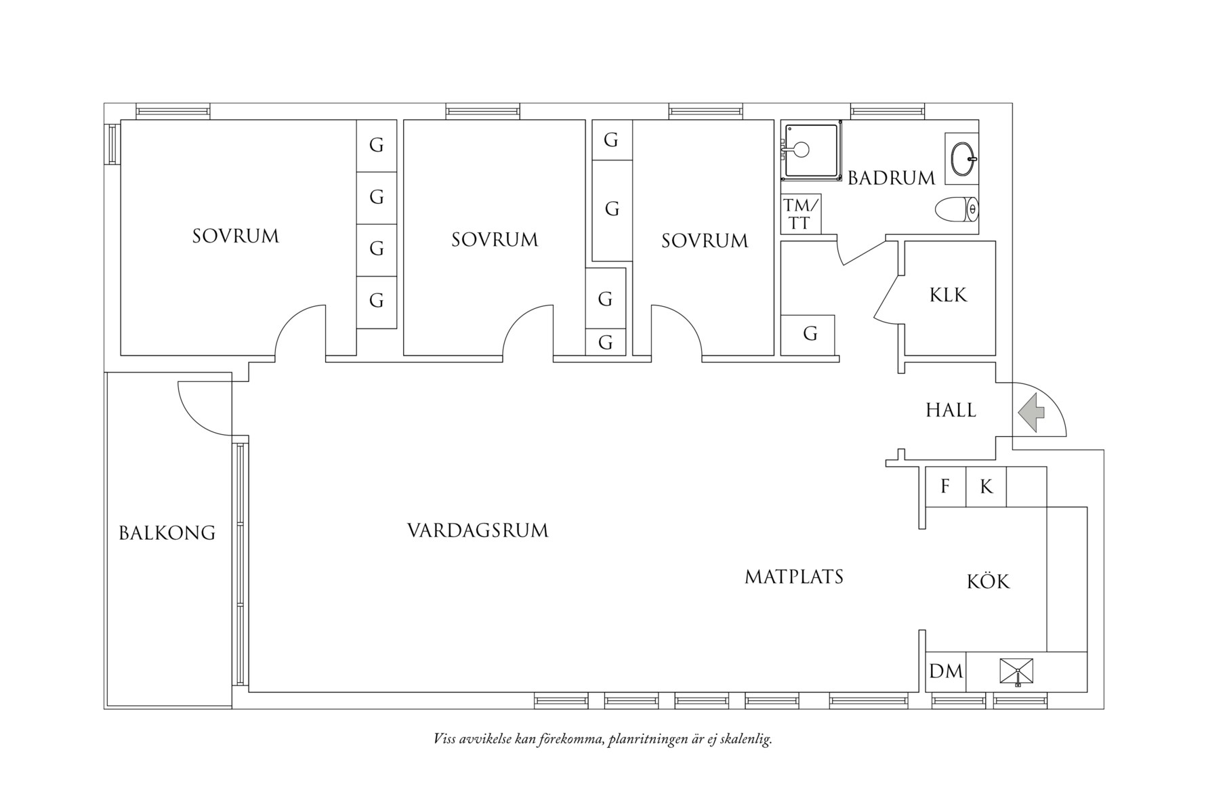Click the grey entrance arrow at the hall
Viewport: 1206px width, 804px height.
pos(1031,413)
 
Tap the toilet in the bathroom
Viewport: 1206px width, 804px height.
pos(956,209)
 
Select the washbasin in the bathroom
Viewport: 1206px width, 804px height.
pos(961,158)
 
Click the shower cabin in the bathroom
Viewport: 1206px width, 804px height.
pos(810,150)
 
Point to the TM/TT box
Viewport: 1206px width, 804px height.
pos(800,214)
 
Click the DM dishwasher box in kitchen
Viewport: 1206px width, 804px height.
pos(946,671)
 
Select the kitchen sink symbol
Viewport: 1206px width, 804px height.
pos(1017,672)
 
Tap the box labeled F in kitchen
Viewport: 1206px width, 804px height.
pos(945,486)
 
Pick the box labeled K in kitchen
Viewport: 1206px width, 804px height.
pos(986,486)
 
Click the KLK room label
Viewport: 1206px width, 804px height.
pos(948,295)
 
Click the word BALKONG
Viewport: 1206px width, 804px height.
pos(167,533)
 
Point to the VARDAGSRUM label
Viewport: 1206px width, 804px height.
pos(478,530)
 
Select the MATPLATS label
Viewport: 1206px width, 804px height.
pos(794,577)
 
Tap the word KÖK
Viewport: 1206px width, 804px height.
pos(988,581)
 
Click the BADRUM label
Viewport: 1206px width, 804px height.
pos(891,178)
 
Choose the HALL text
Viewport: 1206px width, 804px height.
pos(951,410)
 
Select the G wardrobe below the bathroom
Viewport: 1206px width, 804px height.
pos(810,334)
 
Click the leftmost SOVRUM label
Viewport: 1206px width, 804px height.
pos(235,236)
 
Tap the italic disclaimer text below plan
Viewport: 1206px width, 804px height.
pos(602,738)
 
